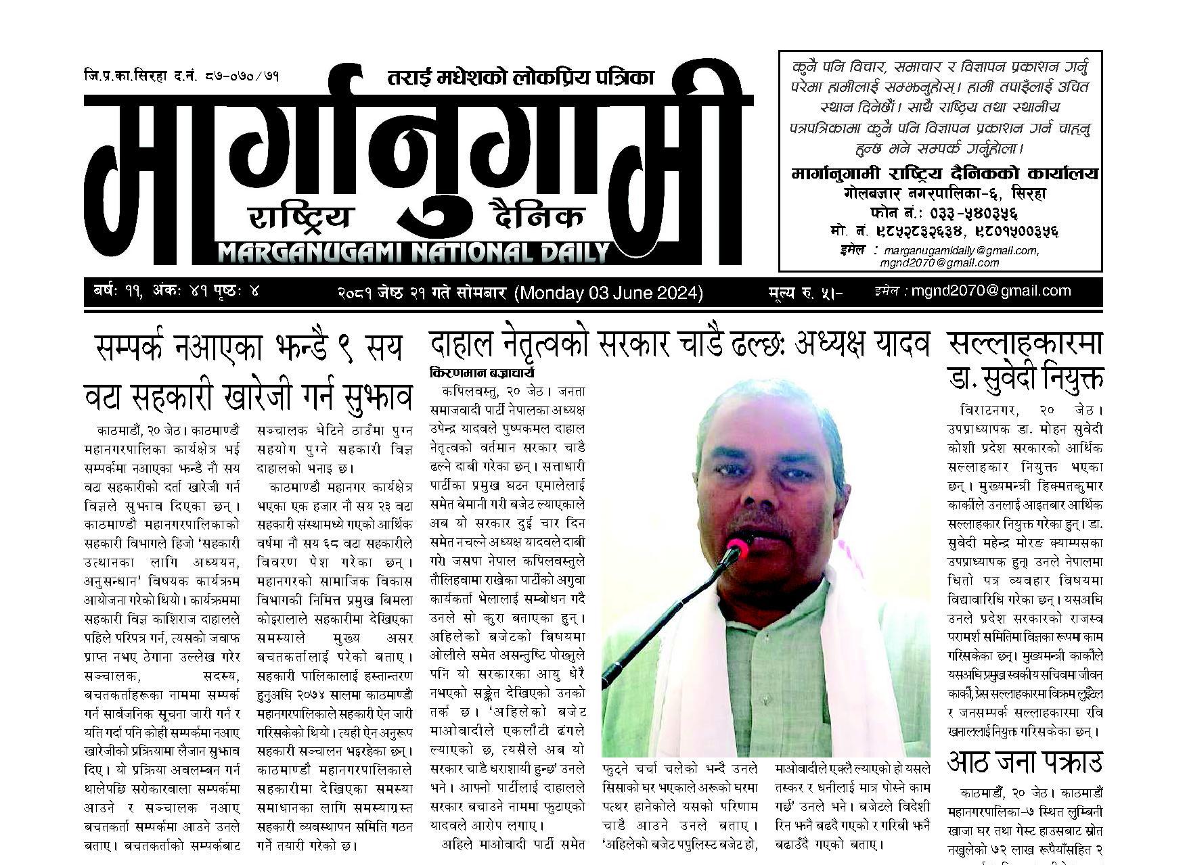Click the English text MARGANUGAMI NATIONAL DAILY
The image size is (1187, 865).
point(413,254)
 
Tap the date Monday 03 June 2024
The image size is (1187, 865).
point(608,293)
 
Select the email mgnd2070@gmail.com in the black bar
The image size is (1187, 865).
point(991,291)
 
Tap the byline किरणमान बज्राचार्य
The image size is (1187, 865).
point(482,373)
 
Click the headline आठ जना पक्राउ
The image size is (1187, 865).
point(1025,763)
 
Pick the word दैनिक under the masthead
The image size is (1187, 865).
point(538,216)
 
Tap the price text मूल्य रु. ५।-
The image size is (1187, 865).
point(805,293)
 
